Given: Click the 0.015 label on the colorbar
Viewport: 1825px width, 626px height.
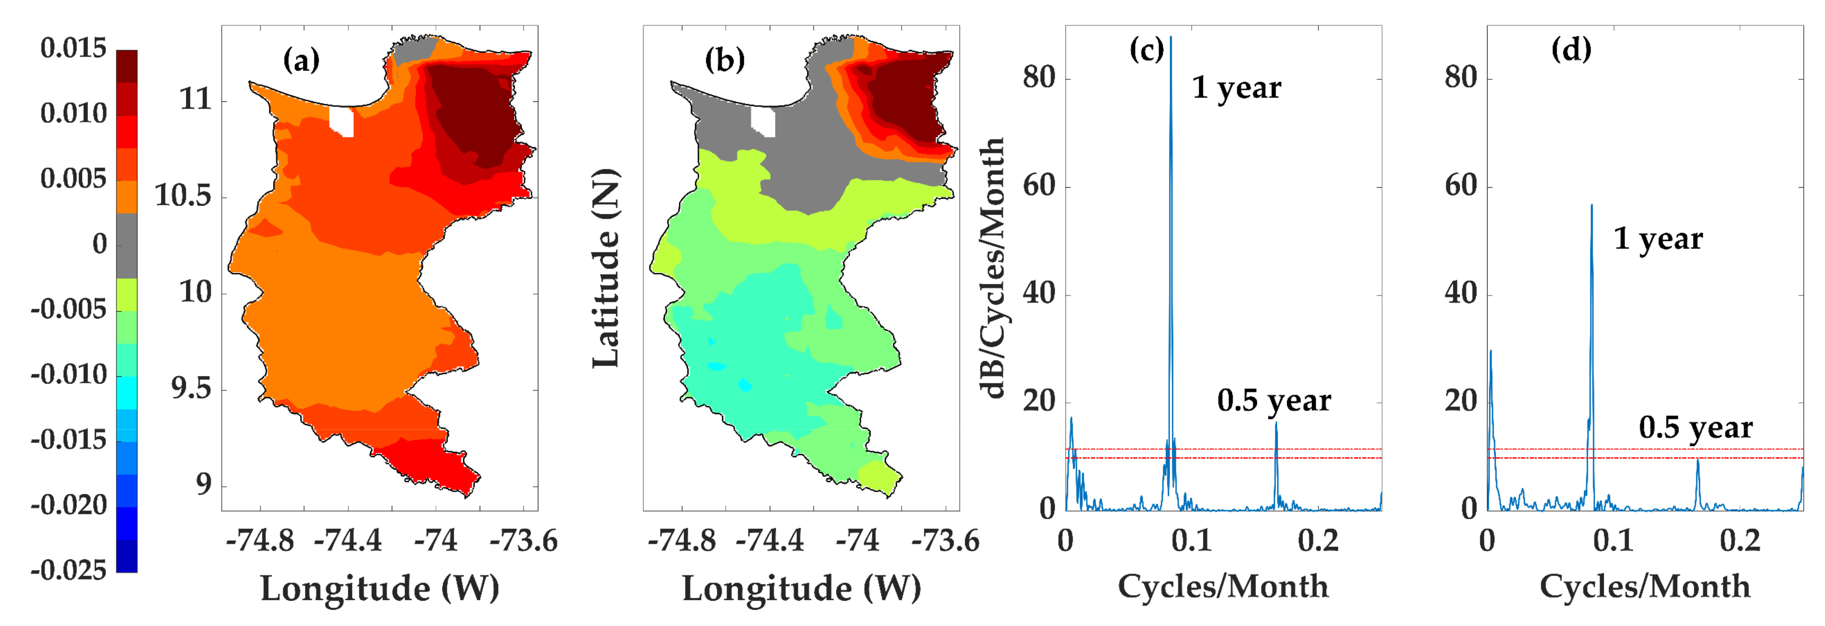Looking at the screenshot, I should coord(73,48).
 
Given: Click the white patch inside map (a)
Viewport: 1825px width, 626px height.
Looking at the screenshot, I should coord(341,121).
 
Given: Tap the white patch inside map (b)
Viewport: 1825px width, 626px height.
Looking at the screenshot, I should coord(763,121).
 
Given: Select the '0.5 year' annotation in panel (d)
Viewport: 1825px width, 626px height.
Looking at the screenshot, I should coord(1696,428).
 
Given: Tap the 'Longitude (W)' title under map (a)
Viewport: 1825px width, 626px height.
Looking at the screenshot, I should coord(380,588).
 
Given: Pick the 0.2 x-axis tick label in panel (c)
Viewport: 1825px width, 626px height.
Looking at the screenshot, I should coord(1318,541).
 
